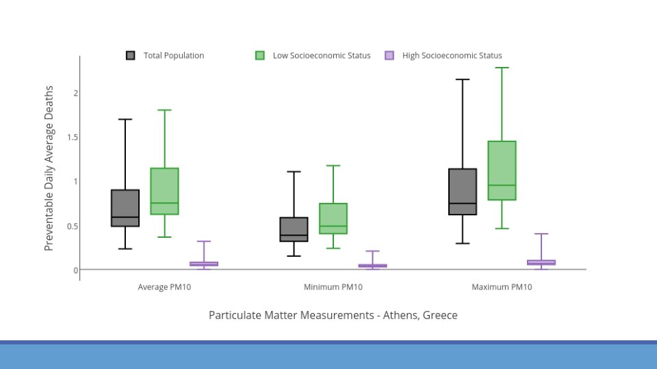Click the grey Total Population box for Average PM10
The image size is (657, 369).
coord(125,208)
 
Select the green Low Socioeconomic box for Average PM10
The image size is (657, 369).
coord(165,191)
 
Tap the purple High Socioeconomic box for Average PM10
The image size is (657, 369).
coord(204,264)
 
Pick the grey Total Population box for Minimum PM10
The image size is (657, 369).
coord(294,230)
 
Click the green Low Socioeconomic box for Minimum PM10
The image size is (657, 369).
coord(333,219)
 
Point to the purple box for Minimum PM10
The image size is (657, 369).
coord(372,266)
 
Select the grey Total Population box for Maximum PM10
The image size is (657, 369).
coord(463,191)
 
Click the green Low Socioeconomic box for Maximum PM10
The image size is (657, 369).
coord(502,171)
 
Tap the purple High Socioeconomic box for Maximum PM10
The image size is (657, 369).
coord(541,262)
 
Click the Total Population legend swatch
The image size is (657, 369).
coord(130,55)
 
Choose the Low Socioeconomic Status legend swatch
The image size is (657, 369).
coord(260,55)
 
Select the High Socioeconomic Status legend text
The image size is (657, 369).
coord(452,55)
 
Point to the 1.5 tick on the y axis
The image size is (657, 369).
coord(73,137)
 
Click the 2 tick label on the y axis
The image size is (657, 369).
coord(76,93)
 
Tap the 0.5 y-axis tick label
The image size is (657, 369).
coord(73,226)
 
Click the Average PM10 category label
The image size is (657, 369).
coord(164,287)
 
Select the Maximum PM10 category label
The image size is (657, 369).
coord(502,287)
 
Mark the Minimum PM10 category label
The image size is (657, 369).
coord(333,287)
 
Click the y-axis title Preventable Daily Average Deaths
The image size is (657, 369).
coord(49,168)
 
